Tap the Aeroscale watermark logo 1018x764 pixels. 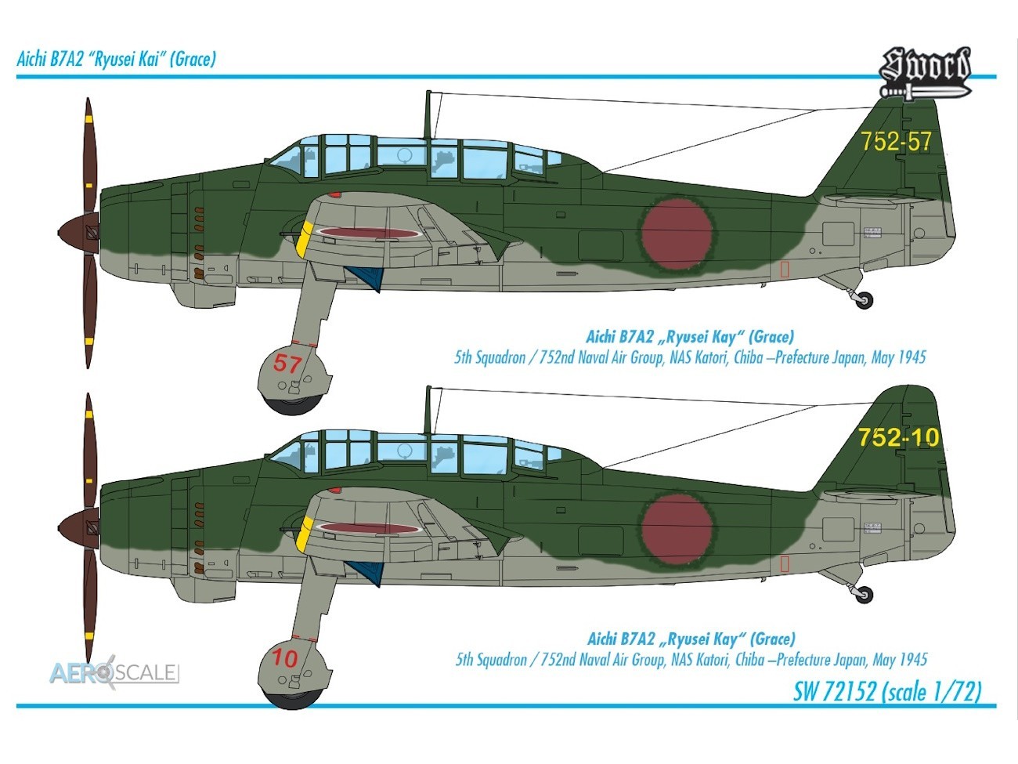(x=114, y=672)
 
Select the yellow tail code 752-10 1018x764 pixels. (x=898, y=437)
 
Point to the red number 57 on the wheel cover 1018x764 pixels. (x=287, y=364)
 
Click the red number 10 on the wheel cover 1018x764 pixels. (x=284, y=659)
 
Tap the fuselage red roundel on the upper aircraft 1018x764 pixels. (x=677, y=234)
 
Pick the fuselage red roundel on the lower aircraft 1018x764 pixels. (x=677, y=530)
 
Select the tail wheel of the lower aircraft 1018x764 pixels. (x=864, y=595)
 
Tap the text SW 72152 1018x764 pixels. (x=834, y=692)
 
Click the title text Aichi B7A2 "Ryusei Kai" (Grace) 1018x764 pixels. (x=117, y=60)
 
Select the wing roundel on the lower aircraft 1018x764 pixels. (x=370, y=528)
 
